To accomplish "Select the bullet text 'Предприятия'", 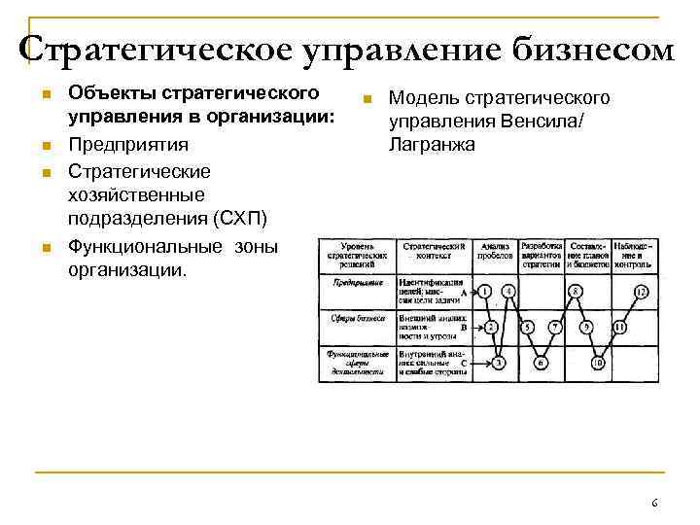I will (x=127, y=144).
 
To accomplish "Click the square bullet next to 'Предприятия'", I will (x=45, y=146).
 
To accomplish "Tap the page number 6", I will (x=654, y=503).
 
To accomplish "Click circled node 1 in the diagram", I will (x=485, y=292).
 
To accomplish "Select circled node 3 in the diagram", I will (x=498, y=363).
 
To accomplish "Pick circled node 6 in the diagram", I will (x=541, y=363).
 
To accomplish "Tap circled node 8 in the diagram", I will (x=576, y=292).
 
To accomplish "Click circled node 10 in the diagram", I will (x=599, y=363).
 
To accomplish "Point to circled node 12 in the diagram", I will (x=641, y=292).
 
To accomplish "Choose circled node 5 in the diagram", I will (x=529, y=328).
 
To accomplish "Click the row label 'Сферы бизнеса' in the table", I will (x=357, y=318).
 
